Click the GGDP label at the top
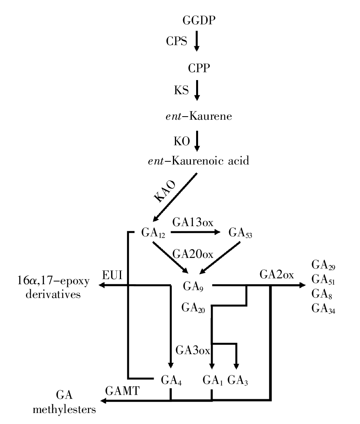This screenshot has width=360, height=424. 199,20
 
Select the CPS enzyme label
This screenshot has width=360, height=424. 176,40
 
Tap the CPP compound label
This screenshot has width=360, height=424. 199,69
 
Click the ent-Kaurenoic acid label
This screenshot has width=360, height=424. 198,161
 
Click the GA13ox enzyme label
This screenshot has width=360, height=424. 193,223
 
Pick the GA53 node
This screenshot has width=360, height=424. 240,233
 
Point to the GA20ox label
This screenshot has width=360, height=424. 193,254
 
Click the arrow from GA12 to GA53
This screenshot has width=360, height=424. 195,232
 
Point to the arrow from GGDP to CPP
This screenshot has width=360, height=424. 197,42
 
